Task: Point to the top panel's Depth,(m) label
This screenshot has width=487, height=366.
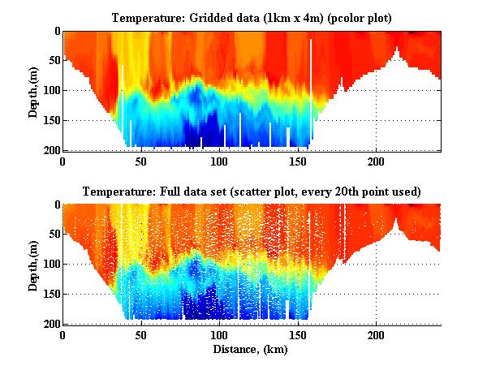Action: (x=33, y=91)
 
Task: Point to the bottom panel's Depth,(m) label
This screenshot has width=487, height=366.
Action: (x=33, y=265)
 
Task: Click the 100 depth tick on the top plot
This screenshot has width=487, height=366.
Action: (x=50, y=90)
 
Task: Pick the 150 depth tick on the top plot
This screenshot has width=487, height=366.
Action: (x=50, y=120)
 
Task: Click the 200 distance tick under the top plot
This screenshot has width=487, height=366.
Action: (x=376, y=161)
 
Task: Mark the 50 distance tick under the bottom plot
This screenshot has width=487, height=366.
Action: (x=141, y=335)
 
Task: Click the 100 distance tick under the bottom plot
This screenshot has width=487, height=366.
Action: (x=219, y=335)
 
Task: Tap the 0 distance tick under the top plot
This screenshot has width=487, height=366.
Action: (x=62, y=161)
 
